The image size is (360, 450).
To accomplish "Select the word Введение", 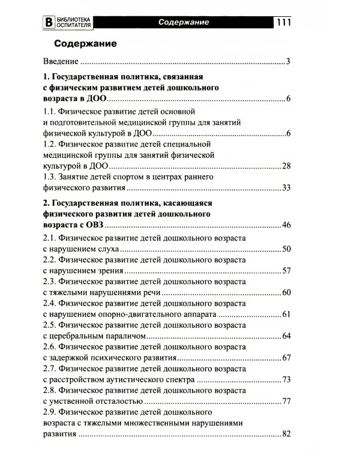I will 61,61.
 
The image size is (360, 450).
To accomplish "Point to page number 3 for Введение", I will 288,61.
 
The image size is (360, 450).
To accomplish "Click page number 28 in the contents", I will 286,166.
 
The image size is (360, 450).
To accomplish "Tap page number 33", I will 286,188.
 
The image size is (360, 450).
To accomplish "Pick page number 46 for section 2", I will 286,226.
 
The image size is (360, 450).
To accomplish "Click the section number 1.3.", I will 50,178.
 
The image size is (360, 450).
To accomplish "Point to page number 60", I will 286,293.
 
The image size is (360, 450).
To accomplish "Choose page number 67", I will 286,358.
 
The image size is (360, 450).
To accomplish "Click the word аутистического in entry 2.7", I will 140,380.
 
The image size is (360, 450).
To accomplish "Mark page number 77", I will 286,401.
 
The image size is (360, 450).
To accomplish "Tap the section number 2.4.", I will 50,304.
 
